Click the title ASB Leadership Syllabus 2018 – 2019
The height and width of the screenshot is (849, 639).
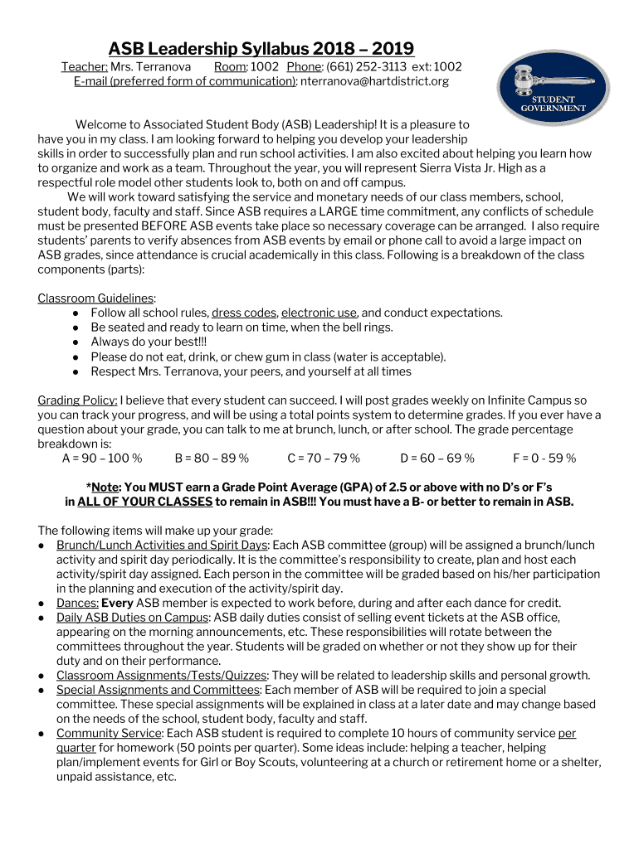pyautogui.click(x=261, y=49)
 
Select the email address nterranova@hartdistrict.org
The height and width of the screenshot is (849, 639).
pyautogui.click(x=374, y=81)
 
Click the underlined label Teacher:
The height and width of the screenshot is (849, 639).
pyautogui.click(x=85, y=66)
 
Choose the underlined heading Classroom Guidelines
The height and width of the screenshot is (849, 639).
pyautogui.click(x=95, y=298)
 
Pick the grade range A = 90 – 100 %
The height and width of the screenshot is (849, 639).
pyautogui.click(x=102, y=458)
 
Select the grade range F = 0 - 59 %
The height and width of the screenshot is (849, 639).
pyautogui.click(x=544, y=458)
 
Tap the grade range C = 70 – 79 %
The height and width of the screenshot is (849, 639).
pyautogui.click(x=324, y=458)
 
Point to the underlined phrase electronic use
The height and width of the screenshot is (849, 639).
pyautogui.click(x=319, y=313)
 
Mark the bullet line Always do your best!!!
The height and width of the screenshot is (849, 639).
pyautogui.click(x=149, y=342)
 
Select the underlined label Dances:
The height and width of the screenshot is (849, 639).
pyautogui.click(x=77, y=603)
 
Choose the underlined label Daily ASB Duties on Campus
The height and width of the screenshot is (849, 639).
pyautogui.click(x=133, y=617)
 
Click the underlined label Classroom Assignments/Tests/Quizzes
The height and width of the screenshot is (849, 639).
pyautogui.click(x=162, y=675)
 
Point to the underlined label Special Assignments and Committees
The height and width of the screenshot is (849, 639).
pyautogui.click(x=158, y=689)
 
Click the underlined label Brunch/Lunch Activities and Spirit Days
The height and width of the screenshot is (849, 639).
pyautogui.click(x=162, y=545)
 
